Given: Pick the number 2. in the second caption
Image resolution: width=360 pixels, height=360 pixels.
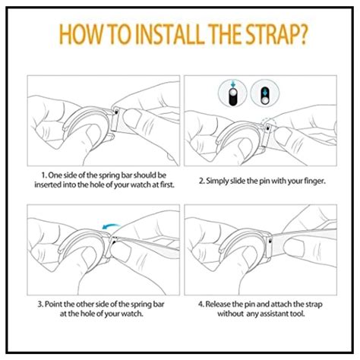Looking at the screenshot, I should pos(202,182).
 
